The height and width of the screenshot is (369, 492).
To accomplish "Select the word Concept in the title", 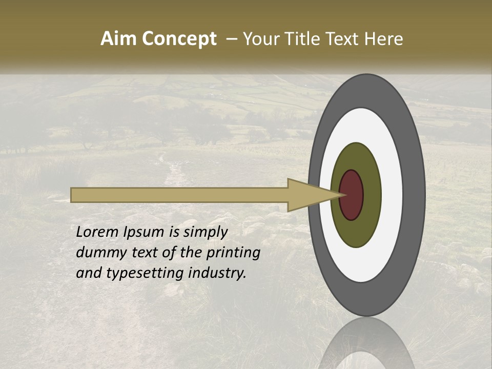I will coord(179,39).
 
